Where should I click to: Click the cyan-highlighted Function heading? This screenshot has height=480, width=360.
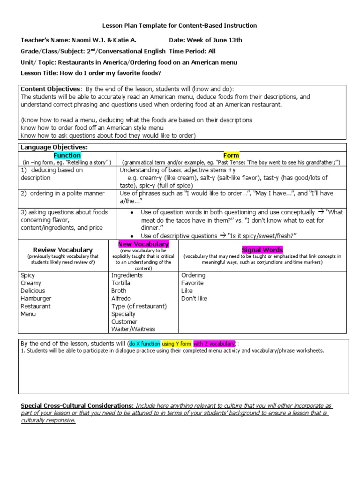[x=67, y=155]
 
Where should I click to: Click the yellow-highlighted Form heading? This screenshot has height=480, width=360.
[x=231, y=155]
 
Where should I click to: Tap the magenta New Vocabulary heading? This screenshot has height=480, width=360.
[x=143, y=244]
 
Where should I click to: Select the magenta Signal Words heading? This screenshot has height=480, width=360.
[x=262, y=250]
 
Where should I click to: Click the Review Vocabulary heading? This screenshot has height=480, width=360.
[x=63, y=250]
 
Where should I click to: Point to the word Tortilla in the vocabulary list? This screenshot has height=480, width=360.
[x=121, y=283]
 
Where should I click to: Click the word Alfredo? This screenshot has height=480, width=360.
[x=121, y=299]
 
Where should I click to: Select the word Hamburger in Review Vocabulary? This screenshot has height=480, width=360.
[x=36, y=299]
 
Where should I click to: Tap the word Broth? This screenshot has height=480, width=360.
[x=119, y=291]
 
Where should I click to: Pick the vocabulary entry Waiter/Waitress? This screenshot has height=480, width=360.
[x=133, y=329]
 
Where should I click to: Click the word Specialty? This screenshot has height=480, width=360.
[x=123, y=314]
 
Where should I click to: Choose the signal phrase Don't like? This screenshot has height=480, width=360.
[x=194, y=299]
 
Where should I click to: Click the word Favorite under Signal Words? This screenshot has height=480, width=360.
[x=193, y=283]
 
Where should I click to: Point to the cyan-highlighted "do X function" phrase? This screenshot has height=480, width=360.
[x=145, y=343]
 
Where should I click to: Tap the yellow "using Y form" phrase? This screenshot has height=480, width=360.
[x=177, y=343]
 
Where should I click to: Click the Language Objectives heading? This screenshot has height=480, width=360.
[x=54, y=147]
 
